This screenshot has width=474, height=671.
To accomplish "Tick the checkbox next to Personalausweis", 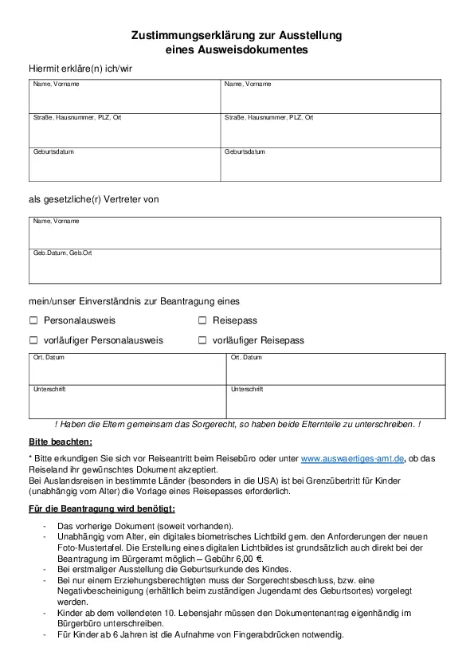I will pyautogui.click(x=33, y=320).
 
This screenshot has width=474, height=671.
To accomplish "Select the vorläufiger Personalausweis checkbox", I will pyautogui.click(x=33, y=340).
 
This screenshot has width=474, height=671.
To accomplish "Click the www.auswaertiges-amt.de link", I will pyautogui.click(x=353, y=458).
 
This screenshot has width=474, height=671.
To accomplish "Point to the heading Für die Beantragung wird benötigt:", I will pyautogui.click(x=101, y=508).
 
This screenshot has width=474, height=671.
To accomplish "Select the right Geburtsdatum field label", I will pyautogui.click(x=245, y=151).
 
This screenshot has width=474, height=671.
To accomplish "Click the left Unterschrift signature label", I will pyautogui.click(x=49, y=390).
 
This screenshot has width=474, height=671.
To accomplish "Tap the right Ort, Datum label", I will pyautogui.click(x=246, y=358).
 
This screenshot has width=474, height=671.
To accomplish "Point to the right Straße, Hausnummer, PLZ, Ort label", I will pyautogui.click(x=268, y=118).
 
